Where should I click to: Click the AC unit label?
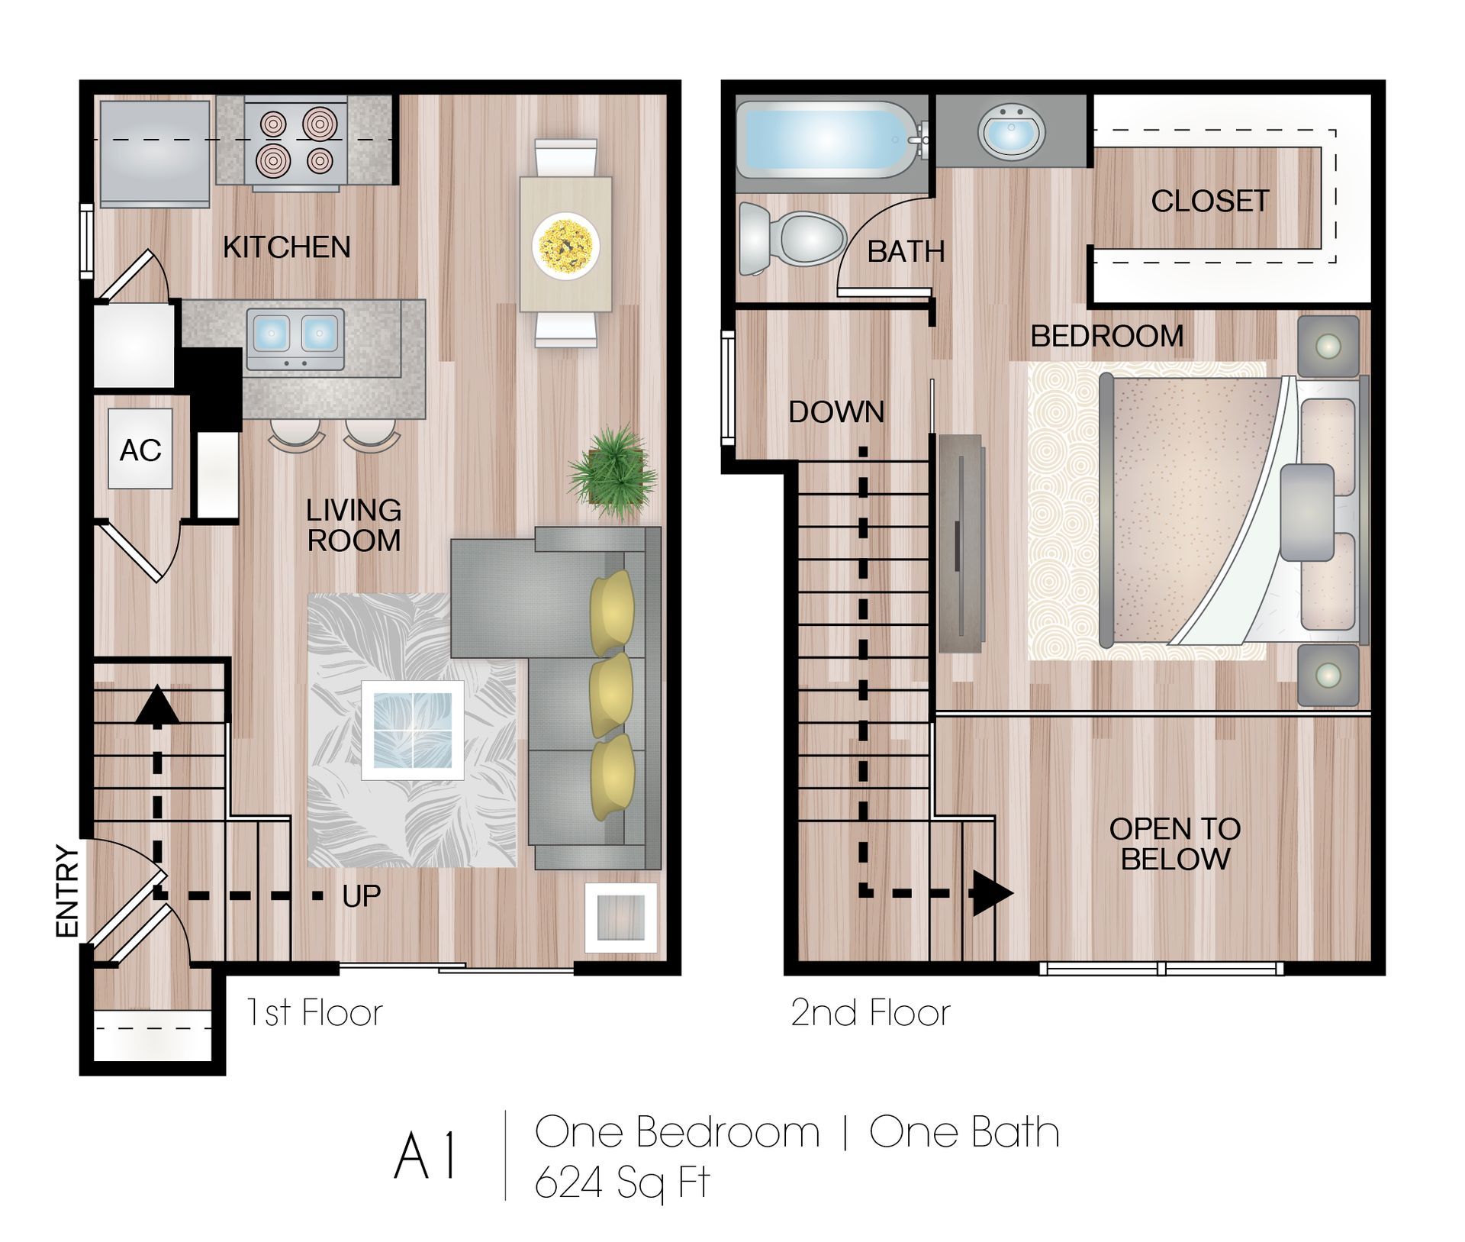[140, 450]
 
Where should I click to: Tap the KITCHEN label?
[286, 247]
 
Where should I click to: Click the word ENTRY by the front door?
[68, 891]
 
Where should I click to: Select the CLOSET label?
[1209, 202]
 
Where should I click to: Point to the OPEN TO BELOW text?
[1174, 844]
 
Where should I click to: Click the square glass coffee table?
[412, 730]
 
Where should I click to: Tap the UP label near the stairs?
[361, 896]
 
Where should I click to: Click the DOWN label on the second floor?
[836, 412]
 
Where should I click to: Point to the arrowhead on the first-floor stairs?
[157, 705]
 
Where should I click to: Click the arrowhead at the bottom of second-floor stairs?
[991, 893]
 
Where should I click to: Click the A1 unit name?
[426, 1157]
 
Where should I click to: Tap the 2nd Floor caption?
[870, 1013]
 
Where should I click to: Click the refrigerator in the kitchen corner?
[154, 153]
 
